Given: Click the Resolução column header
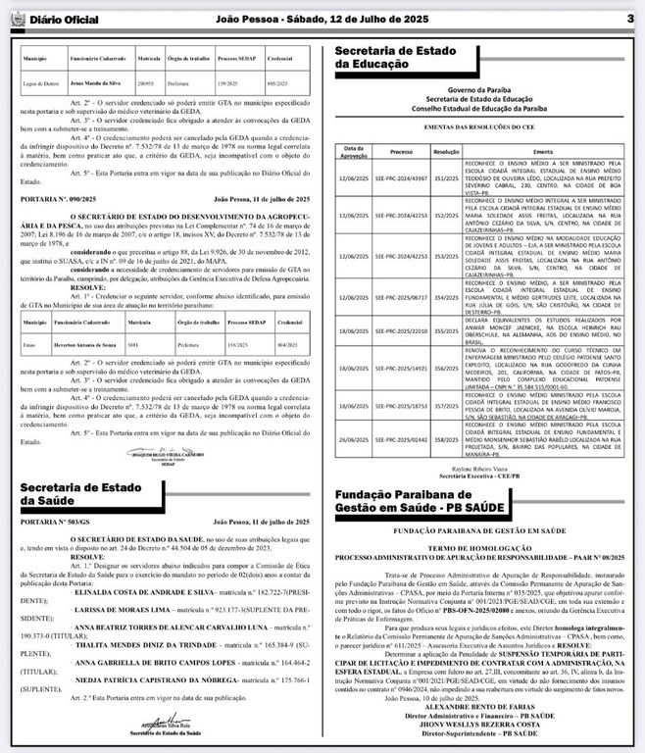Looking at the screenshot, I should click(446, 151).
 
